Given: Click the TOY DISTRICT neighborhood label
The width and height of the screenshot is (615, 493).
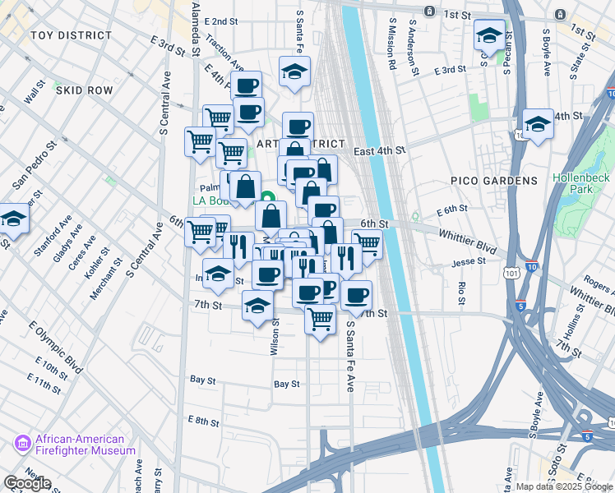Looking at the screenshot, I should (71, 35).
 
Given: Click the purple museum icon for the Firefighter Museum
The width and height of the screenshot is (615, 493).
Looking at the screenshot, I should (22, 445).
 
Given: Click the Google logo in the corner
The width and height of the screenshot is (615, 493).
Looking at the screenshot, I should (27, 483).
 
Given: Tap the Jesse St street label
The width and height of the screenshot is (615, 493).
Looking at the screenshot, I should (469, 263).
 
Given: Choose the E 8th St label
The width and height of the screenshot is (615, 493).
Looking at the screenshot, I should (202, 421).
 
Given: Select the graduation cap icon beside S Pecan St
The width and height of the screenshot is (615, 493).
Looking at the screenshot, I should (489, 35).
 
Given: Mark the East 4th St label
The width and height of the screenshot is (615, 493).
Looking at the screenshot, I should (380, 150).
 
